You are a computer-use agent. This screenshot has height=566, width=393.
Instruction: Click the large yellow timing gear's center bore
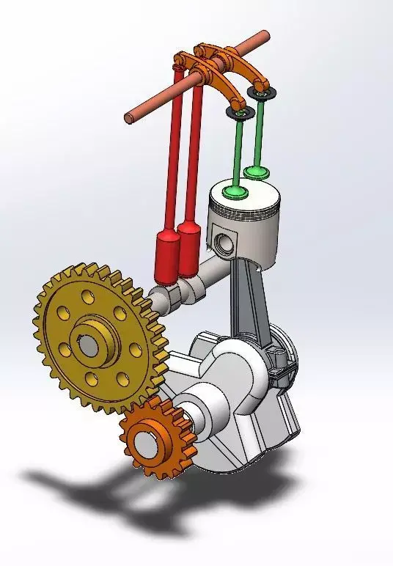[87, 342]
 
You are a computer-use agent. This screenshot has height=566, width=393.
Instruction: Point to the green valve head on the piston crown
[235, 192]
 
